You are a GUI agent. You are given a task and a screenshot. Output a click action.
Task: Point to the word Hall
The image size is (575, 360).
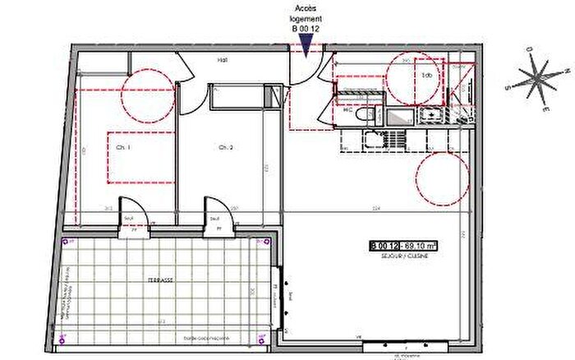(222, 61)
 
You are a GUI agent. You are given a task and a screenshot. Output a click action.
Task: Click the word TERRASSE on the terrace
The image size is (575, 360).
(160, 279)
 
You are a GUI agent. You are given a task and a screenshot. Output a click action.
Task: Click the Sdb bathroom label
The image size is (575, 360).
(426, 75)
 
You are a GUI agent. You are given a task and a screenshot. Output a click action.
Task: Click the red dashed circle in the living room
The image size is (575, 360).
(442, 178)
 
